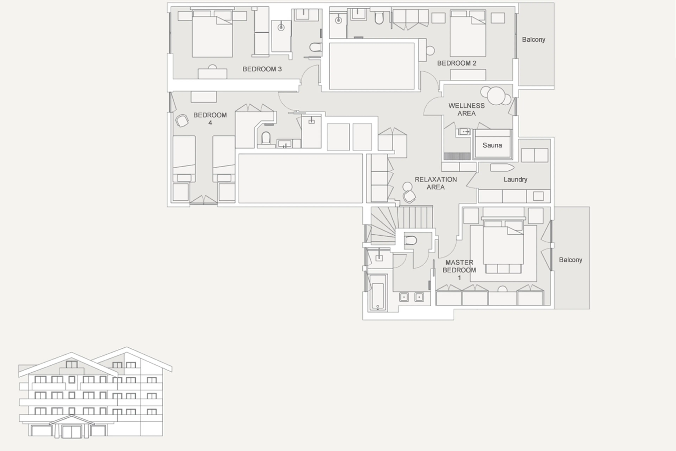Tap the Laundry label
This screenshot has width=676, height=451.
(515, 179)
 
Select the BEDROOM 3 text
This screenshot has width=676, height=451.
(262, 69)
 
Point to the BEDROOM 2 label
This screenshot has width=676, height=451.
(456, 63)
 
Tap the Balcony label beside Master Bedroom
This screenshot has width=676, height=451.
(570, 260)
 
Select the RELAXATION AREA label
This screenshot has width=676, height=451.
(436, 183)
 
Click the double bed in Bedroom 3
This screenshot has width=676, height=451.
(212, 35)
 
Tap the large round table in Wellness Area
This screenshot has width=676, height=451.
(496, 96)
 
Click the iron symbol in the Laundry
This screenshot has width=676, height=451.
(502, 167)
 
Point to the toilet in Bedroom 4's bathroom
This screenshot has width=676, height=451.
(266, 138)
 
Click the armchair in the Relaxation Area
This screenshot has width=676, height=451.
(409, 197)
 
